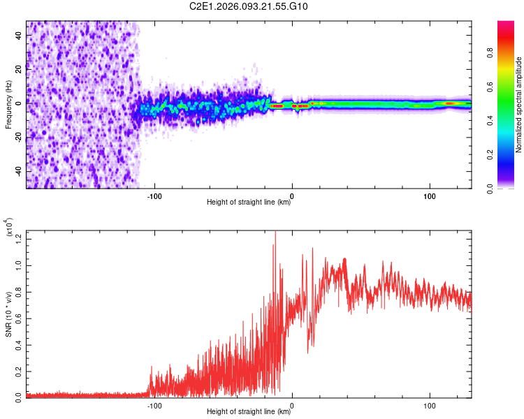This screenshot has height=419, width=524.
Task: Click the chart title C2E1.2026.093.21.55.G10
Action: click(x=249, y=7)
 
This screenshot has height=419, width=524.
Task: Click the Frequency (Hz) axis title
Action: click(x=8, y=105)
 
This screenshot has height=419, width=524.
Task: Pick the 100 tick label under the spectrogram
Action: click(x=430, y=195)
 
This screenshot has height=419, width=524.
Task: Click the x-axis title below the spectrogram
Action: click(x=249, y=203)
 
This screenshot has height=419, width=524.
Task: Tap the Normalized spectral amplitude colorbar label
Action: click(x=519, y=105)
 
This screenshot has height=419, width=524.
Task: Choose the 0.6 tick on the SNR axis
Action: click(x=19, y=318)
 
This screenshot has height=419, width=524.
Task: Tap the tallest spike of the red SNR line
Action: click(x=275, y=231)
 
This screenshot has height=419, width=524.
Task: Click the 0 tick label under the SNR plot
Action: click(x=292, y=404)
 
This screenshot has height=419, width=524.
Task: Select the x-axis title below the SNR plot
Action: click(x=249, y=412)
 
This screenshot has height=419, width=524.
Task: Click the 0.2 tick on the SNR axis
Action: click(x=19, y=369)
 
